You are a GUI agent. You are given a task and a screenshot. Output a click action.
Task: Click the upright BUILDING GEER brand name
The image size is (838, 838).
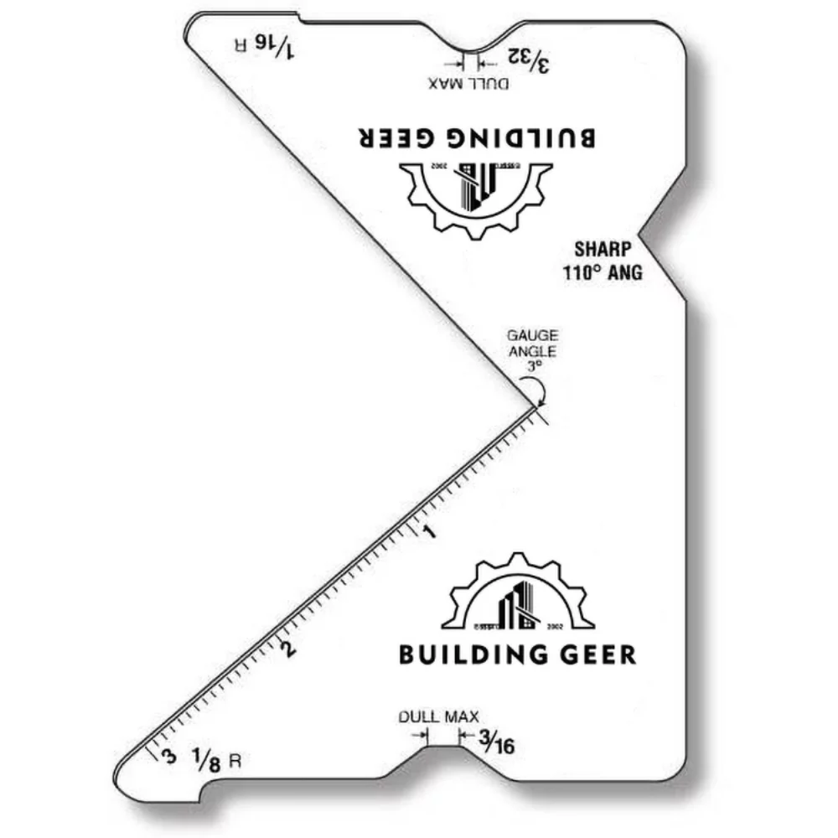[517, 654]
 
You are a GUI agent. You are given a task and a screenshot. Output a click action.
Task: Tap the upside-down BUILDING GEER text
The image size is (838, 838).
[477, 137]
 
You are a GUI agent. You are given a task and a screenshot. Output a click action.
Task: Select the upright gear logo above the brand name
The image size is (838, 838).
[517, 593]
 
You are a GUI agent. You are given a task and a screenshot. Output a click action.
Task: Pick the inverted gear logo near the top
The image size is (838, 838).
[477, 194]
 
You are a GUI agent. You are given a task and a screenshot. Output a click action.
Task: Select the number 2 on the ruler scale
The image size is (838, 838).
[289, 648]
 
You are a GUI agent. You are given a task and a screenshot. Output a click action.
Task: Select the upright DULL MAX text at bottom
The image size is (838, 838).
[438, 716]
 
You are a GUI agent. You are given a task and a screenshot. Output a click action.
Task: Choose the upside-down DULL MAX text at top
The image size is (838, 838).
[468, 83]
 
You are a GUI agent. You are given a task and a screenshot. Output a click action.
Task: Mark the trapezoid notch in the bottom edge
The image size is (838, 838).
[444, 754]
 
